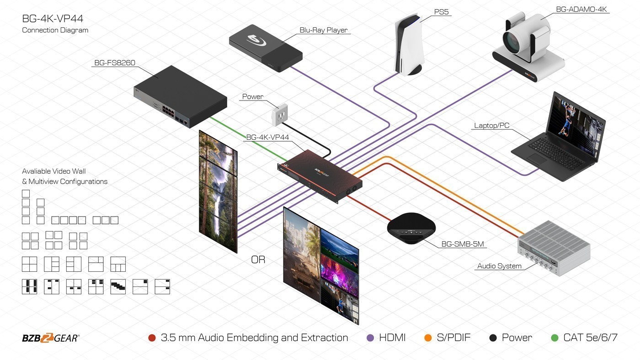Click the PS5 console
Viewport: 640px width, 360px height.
coord(410,46)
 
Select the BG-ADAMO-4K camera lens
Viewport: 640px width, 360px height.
coord(512,39)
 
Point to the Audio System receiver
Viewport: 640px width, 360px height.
coord(554,249)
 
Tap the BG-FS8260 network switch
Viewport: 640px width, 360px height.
coord(180,96)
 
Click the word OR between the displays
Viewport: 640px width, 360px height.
coord(258,260)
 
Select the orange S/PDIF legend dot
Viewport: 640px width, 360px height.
coord(428,338)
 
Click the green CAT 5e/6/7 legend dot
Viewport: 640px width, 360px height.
coord(555,338)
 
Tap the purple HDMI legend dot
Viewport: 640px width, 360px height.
coord(371,338)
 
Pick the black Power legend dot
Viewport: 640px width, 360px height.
coord(493,338)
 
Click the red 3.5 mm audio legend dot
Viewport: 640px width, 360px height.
coord(152,338)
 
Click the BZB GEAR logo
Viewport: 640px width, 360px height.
coord(51,338)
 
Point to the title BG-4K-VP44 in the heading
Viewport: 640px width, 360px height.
coord(53,19)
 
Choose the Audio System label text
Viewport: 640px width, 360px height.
coord(499,266)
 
